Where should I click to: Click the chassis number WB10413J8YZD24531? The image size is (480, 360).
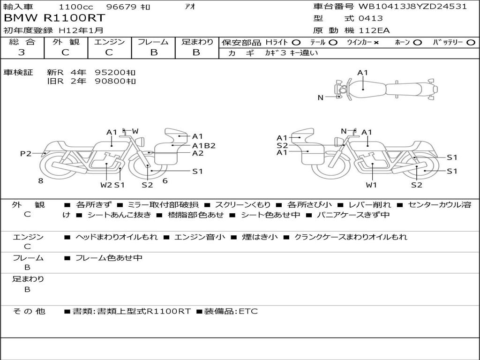412,7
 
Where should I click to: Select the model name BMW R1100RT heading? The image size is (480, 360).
54,18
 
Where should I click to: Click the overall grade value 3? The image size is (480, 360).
22,52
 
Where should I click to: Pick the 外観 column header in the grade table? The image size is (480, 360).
66,42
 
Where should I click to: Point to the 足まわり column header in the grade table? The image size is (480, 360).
197,42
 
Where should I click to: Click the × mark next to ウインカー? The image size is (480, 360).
376,43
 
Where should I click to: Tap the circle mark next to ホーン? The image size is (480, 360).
418,43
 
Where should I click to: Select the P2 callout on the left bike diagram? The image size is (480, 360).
26,153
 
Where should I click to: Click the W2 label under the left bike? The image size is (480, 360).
106,185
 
